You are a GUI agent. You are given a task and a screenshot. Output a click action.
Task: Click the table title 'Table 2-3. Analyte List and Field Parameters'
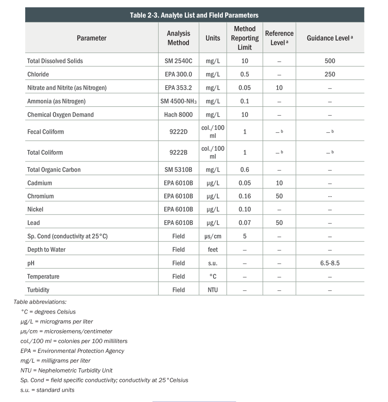pos(194,15)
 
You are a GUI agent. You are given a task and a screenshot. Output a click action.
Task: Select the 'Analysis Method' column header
pos(178,38)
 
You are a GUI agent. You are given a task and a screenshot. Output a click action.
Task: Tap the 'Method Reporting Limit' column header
pos(244,38)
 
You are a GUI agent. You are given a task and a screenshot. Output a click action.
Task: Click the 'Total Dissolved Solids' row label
pos(55,61)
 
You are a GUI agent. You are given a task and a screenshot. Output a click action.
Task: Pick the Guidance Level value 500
pos(330,61)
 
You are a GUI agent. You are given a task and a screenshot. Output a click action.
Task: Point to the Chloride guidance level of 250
pos(330,74)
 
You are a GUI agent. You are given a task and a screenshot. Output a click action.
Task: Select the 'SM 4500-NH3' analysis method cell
pos(178,101)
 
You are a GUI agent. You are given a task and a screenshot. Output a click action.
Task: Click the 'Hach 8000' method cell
pos(178,114)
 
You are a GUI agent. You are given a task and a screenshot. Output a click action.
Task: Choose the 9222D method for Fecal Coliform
pos(178,132)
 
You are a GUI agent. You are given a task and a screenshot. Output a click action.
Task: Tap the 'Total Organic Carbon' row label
pos(54,170)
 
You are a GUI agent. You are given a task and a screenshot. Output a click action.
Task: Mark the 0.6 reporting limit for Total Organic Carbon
pos(244,170)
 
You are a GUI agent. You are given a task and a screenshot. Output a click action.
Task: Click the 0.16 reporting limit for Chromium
pos(244,196)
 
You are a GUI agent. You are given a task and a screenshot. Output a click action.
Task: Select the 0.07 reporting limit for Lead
pos(244,223)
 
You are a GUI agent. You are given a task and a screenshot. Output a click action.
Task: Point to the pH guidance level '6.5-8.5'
pos(330,263)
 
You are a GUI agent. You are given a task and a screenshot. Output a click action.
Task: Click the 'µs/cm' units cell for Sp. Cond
pos(212,236)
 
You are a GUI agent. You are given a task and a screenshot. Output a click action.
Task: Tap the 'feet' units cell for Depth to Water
pos(212,249)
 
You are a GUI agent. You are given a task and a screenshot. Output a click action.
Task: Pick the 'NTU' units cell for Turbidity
pos(212,290)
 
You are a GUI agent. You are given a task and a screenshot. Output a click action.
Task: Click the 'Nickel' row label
pos(35,209)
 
